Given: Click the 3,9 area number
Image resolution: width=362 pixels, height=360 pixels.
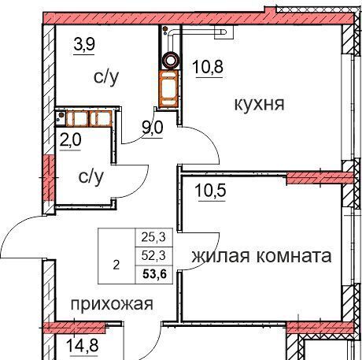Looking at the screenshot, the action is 84,44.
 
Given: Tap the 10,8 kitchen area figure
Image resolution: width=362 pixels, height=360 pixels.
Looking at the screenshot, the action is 208,67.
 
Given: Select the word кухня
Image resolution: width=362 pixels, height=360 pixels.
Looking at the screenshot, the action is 259,104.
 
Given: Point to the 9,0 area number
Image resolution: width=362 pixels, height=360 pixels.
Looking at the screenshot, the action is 152,128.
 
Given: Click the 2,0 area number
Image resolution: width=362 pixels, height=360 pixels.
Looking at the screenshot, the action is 71,139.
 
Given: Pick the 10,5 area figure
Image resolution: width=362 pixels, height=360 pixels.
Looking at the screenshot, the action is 210,191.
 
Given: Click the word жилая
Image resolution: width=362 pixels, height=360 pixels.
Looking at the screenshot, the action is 220,256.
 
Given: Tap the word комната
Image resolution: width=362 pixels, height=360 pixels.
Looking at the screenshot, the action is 294,256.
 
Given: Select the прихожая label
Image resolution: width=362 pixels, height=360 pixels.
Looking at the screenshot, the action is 112,305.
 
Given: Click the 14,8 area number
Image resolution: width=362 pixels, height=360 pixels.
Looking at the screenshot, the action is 83,345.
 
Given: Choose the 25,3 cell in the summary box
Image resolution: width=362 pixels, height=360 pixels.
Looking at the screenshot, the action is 153,237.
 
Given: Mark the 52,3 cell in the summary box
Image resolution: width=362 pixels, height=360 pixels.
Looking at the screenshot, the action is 153,255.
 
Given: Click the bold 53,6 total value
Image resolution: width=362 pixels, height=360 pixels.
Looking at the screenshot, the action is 154,274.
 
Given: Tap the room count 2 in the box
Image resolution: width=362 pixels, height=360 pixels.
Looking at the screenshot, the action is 116,265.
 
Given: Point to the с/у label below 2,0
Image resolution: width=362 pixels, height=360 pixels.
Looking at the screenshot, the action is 90,177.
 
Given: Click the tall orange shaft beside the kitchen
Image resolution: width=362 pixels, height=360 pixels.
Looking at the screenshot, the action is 169,89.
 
